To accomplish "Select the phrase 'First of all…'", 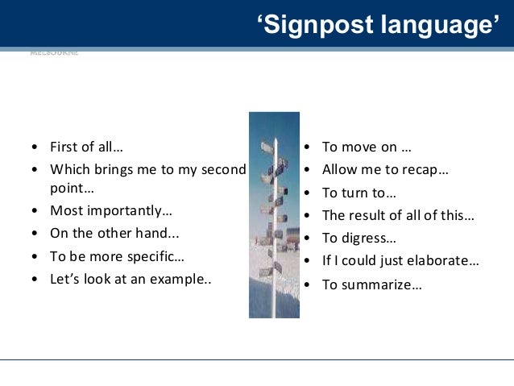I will (86, 147).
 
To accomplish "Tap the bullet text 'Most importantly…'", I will (111, 210).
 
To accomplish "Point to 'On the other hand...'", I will (114, 235).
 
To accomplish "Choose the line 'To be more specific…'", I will (117, 257).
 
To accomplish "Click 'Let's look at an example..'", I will (131, 280).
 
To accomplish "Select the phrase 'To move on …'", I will (367, 147).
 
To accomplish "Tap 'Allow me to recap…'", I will (385, 170).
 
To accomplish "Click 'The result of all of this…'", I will (398, 215).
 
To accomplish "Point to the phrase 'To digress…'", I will (359, 238).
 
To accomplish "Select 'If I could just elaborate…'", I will (400, 260).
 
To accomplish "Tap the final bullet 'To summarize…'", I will (371, 284).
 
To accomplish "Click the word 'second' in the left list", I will (221, 169).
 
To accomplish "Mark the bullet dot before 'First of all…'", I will (34, 147).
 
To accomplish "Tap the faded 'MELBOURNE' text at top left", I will (54, 53).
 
